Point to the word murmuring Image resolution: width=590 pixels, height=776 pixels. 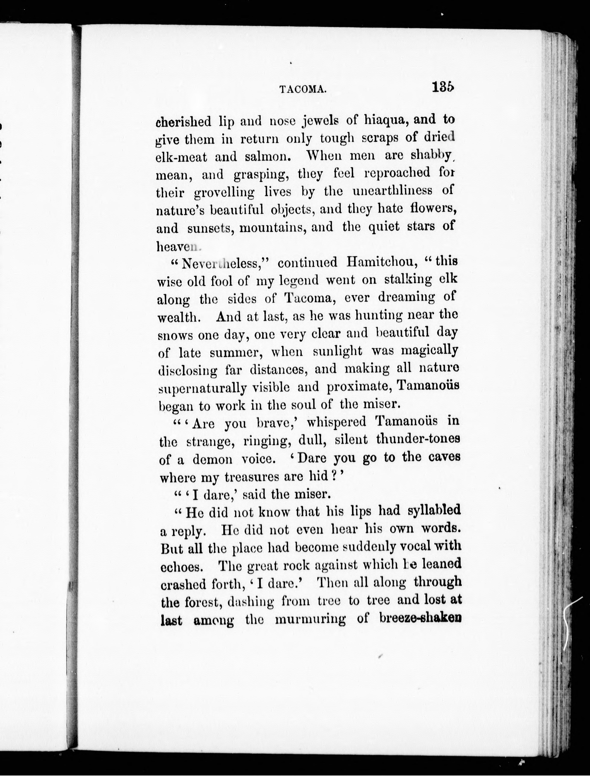pos(310,619)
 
